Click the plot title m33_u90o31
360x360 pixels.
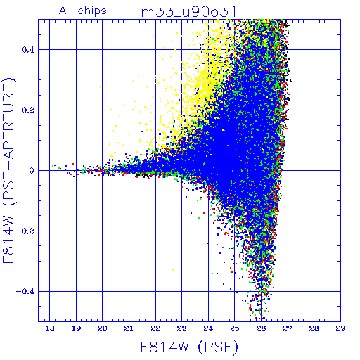(x=188, y=12)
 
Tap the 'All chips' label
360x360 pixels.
(x=83, y=11)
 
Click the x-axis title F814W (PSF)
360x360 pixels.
(x=189, y=347)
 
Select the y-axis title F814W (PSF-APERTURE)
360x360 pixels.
(x=8, y=170)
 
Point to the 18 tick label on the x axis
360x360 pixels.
(x=50, y=328)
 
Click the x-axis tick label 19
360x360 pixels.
(x=76, y=328)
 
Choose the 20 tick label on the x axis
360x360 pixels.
(x=103, y=328)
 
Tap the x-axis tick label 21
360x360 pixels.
(x=129, y=328)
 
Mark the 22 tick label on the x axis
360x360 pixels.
(x=155, y=328)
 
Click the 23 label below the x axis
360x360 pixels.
(x=182, y=328)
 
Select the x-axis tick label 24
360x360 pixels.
(x=208, y=328)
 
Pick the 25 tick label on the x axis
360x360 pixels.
(x=235, y=328)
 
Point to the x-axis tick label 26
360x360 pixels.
(x=261, y=328)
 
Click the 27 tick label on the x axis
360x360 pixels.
(x=288, y=328)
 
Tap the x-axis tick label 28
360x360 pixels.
(x=314, y=328)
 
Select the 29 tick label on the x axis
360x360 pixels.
(x=340, y=328)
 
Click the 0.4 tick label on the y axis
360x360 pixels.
(x=28, y=50)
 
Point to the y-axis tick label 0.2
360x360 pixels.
(x=28, y=110)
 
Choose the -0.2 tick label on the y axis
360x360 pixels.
(x=25, y=231)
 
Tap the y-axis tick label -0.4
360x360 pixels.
(x=25, y=292)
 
